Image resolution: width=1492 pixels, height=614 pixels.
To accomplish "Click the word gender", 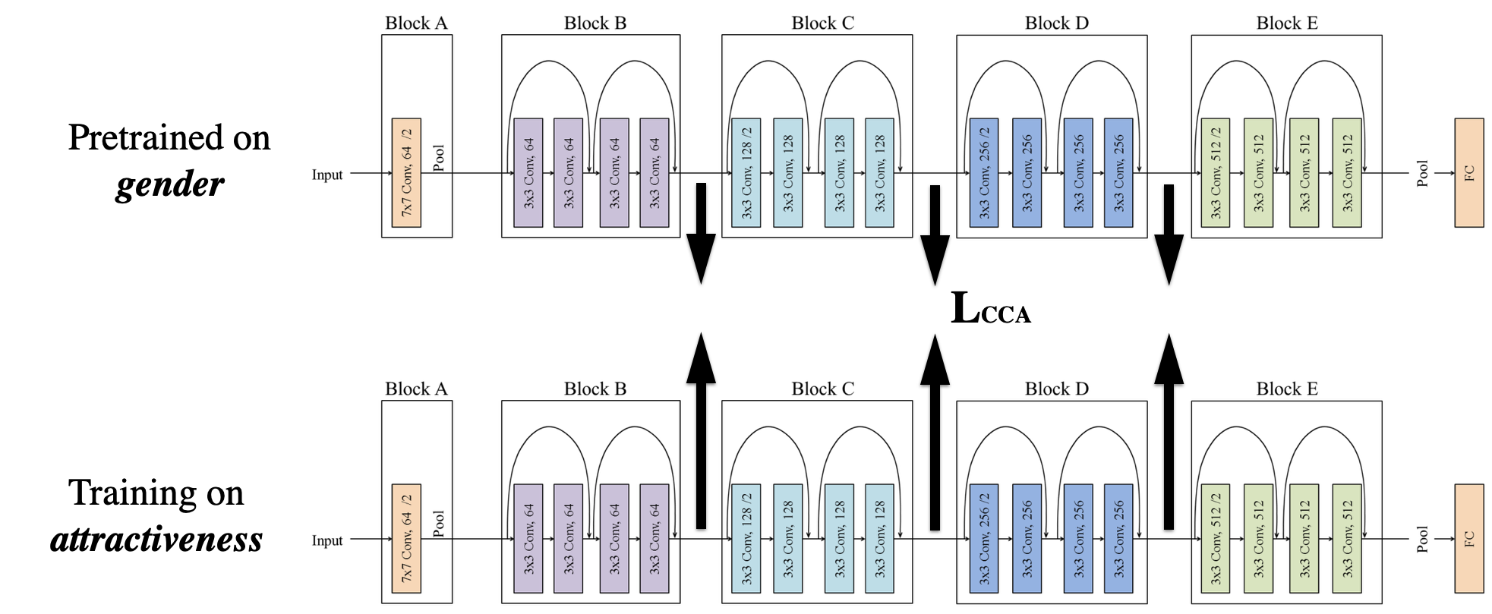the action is tap(169, 184).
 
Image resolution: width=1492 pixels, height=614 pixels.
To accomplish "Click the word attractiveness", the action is tap(156, 540).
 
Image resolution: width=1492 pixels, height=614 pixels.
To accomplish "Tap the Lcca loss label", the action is tap(991, 309).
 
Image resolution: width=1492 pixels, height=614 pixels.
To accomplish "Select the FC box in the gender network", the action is tap(1469, 173).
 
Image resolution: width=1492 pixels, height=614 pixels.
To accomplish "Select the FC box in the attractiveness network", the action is tap(1469, 539).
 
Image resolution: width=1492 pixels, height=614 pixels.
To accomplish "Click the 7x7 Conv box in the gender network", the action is tap(406, 173).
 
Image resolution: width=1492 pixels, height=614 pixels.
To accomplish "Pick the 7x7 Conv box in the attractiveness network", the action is tap(406, 539).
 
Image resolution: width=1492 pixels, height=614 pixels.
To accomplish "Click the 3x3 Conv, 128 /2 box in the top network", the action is tap(746, 173).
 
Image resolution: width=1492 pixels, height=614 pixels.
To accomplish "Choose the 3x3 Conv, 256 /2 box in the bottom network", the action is tap(984, 539).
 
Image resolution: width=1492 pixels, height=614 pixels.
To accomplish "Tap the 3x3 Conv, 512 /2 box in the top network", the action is tap(1216, 173).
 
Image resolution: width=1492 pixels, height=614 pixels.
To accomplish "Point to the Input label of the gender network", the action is tap(327, 175).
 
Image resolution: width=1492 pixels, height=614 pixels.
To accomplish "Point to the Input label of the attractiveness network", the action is tap(327, 540).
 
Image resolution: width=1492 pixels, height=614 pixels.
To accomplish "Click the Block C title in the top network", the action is tap(823, 23).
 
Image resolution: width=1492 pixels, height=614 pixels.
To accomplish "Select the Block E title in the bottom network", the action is tap(1287, 389).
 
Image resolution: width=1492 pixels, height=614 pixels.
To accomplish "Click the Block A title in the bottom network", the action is tap(416, 389).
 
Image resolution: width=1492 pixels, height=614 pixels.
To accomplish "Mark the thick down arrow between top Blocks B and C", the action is tap(701, 234).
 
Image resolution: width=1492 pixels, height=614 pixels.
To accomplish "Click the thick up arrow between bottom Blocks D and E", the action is tap(1169, 431).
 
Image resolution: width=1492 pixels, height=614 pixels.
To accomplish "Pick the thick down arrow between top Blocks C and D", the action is tap(935, 236).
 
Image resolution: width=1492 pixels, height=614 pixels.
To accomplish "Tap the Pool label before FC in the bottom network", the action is tap(1423, 539).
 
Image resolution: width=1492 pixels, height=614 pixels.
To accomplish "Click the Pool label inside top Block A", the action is tap(439, 158).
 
